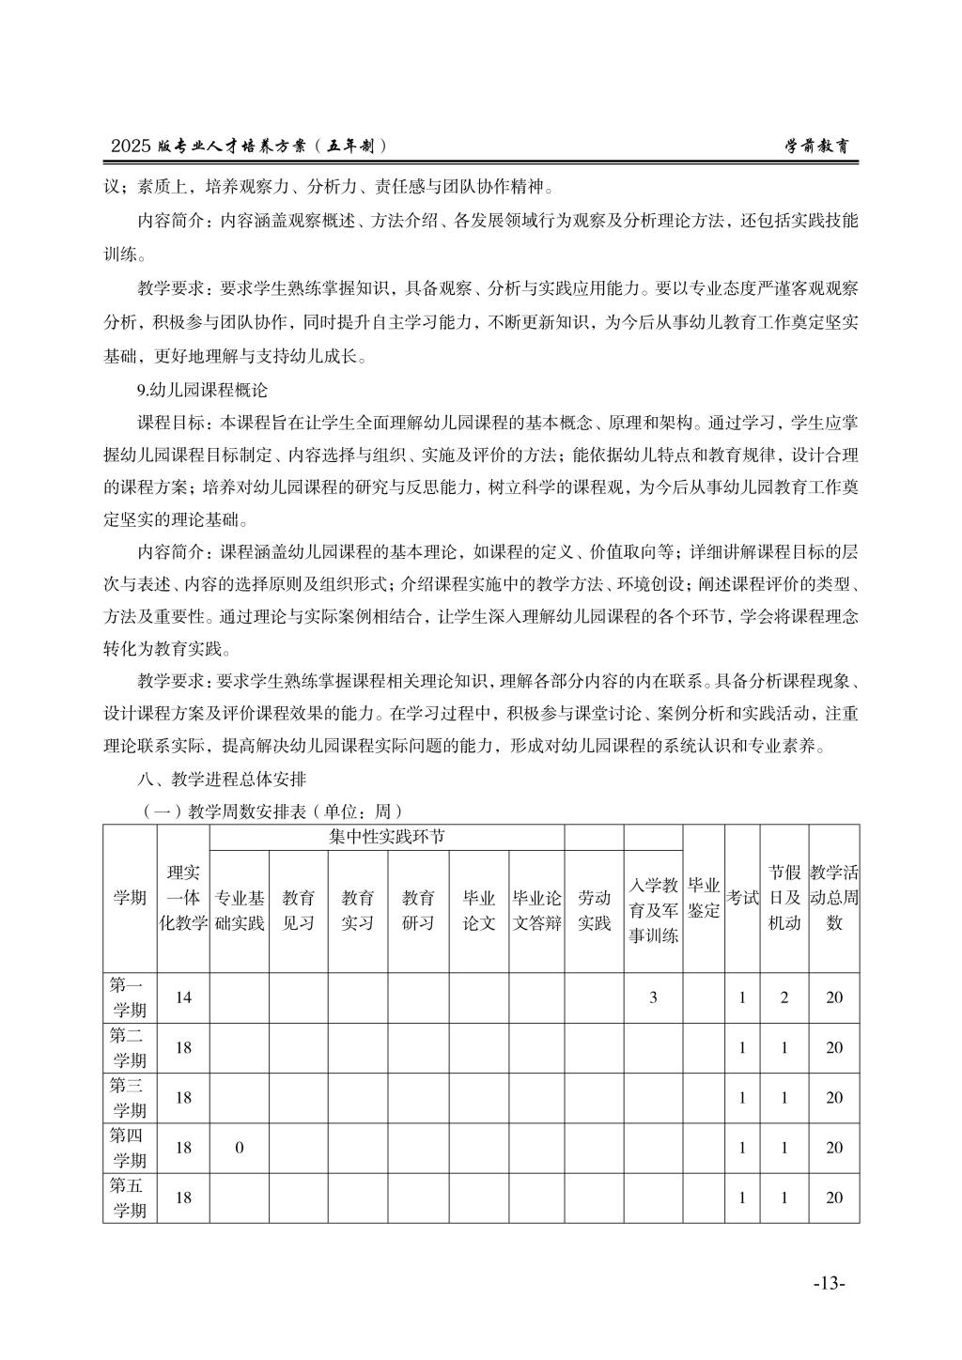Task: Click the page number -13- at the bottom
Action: tap(829, 1283)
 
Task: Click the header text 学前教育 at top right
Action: tap(820, 147)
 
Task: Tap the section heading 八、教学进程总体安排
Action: tap(222, 780)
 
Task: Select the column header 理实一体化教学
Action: tap(183, 898)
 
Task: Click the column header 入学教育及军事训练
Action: tap(653, 910)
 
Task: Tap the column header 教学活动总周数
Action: tap(834, 898)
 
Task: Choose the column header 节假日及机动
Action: tap(784, 898)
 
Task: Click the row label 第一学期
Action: tap(130, 997)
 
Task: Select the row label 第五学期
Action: tap(130, 1198)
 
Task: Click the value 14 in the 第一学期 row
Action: tap(183, 997)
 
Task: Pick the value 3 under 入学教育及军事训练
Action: tap(653, 997)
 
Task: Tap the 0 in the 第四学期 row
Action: tap(240, 1148)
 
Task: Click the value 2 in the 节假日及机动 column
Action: tap(784, 997)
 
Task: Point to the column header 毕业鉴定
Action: tap(704, 898)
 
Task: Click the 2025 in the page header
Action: tap(131, 147)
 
